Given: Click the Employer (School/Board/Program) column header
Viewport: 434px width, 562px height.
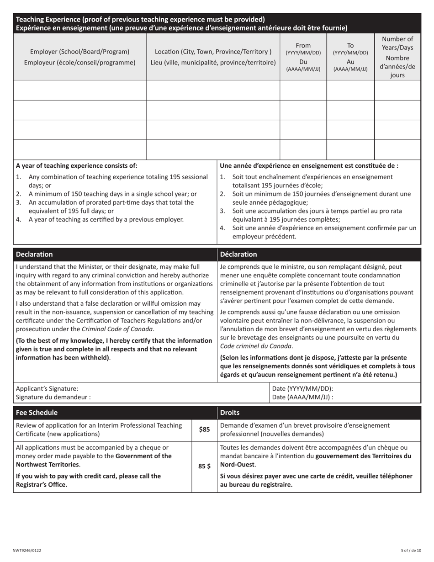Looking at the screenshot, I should (x=79, y=57).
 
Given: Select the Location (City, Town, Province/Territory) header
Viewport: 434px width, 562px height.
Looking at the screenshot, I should (x=213, y=57).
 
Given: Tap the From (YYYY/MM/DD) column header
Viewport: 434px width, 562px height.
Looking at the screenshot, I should (x=303, y=57).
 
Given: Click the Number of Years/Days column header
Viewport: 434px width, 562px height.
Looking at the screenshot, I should (x=397, y=57).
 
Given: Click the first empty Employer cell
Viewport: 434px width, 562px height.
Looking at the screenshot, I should (x=79, y=90).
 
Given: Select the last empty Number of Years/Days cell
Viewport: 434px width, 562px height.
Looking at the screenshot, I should (x=397, y=149).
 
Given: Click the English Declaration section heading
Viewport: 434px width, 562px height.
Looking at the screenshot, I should (x=34, y=254).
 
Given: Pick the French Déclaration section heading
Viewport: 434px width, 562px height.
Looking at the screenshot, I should (x=238, y=254).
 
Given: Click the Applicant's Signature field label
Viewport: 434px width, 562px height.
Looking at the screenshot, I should (x=47, y=388).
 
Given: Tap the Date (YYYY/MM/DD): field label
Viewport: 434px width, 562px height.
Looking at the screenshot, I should (x=302, y=388).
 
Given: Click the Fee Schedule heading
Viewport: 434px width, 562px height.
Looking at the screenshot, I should (x=37, y=413).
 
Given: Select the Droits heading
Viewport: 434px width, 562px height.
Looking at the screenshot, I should (x=230, y=413).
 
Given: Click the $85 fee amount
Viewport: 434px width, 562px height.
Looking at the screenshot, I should (x=204, y=429).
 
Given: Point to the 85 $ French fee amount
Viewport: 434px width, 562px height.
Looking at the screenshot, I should (x=204, y=467).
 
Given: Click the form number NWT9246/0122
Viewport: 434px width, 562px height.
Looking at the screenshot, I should (x=26, y=551).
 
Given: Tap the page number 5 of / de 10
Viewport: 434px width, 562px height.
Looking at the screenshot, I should (x=411, y=551).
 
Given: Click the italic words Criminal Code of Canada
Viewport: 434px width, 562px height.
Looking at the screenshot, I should (x=117, y=329).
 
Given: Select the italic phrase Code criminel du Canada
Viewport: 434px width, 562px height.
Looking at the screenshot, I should (x=256, y=346).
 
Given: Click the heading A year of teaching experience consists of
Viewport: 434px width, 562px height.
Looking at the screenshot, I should (x=76, y=165).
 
